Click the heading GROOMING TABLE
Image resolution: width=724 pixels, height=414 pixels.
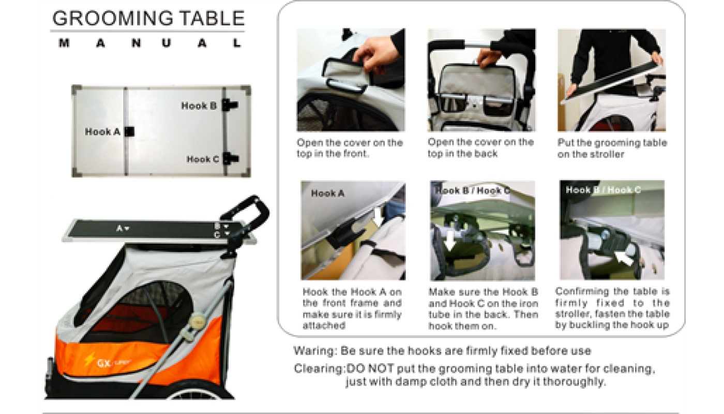pos(148,18)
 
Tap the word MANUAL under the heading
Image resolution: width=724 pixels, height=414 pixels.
pos(150,43)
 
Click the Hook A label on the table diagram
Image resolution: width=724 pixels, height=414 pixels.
pos(102,131)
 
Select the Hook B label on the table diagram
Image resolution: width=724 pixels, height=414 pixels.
pos(199,106)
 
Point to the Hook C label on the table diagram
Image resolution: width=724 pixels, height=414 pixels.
pos(203,159)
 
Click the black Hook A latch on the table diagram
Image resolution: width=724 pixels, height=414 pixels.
pos(130,131)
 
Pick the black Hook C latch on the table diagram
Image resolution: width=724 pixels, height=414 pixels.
pos(231,158)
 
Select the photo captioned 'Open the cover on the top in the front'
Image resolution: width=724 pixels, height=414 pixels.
pos(351,80)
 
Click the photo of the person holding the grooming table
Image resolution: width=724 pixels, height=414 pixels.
pos(611,80)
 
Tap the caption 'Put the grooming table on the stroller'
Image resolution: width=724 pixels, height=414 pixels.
pos(612,149)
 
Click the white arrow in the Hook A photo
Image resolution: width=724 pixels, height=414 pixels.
pos(378,216)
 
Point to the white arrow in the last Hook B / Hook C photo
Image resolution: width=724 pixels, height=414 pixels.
pos(623,259)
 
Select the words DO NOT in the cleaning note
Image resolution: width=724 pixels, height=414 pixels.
pos(370,368)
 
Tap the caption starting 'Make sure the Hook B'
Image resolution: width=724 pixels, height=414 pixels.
pos(483,309)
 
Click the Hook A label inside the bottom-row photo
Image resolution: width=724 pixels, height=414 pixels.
pos(328,194)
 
